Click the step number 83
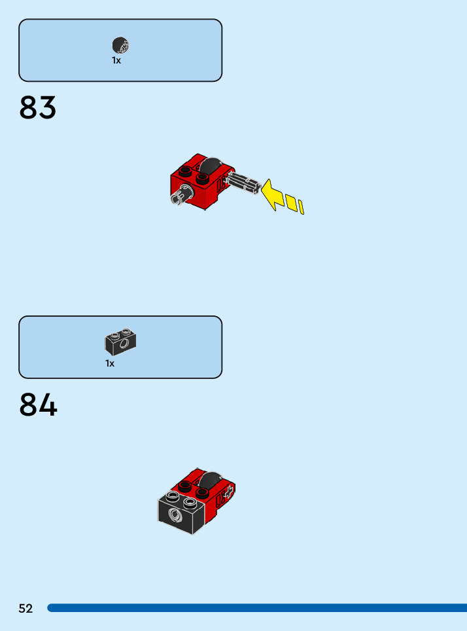coord(38,108)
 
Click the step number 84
coord(38,405)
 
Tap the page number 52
coord(26,609)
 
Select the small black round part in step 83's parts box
coord(120,45)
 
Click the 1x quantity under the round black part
coord(116,60)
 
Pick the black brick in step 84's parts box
coord(120,340)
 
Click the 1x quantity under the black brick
coord(110,363)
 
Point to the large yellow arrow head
coord(272,194)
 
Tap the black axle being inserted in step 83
coord(246,184)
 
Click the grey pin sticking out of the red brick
coord(178,196)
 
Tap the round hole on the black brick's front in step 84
coord(175,516)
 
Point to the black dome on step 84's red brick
coord(211,480)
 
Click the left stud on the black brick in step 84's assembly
coord(173,496)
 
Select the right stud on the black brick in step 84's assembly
coord(190,502)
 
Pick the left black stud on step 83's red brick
coord(186,172)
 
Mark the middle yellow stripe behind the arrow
coord(291,202)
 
